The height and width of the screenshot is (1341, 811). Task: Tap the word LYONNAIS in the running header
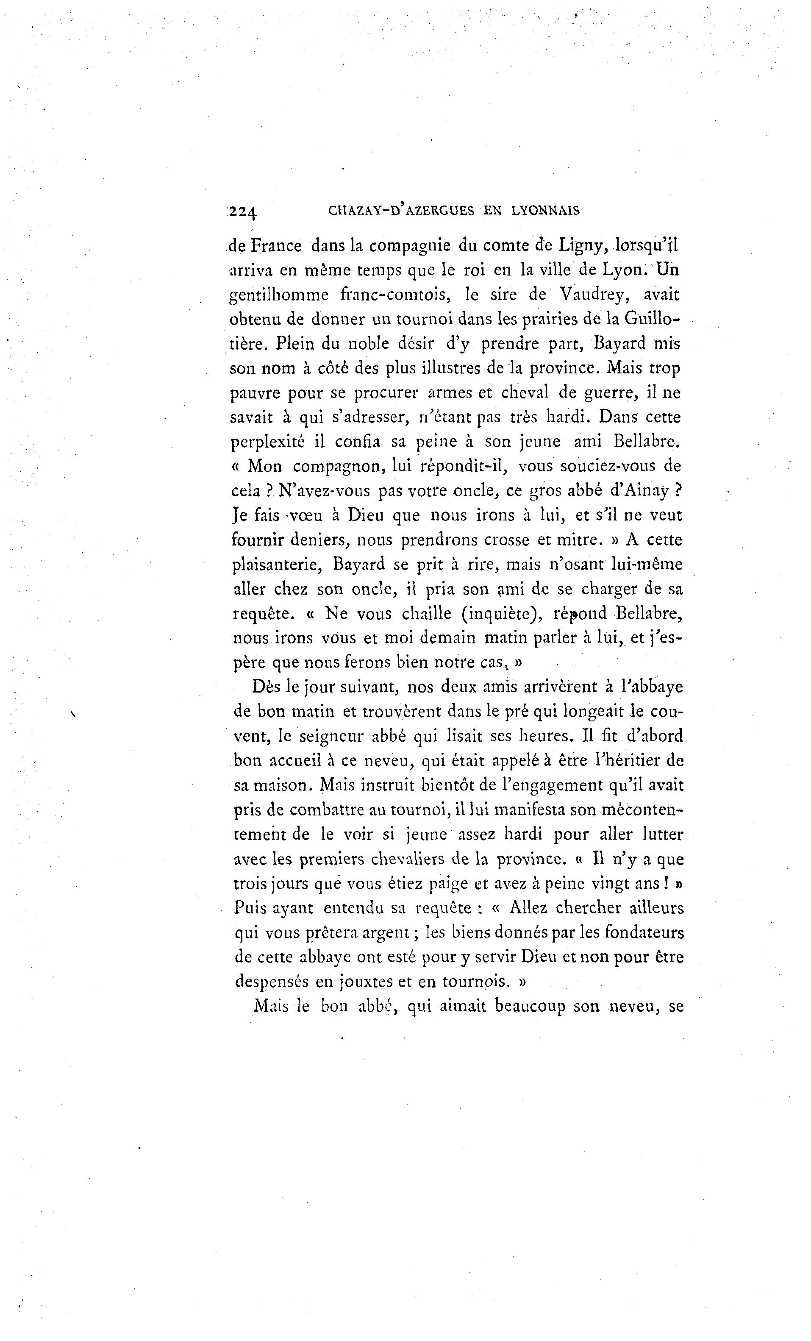546,211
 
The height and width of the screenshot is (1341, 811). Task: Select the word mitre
579,540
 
